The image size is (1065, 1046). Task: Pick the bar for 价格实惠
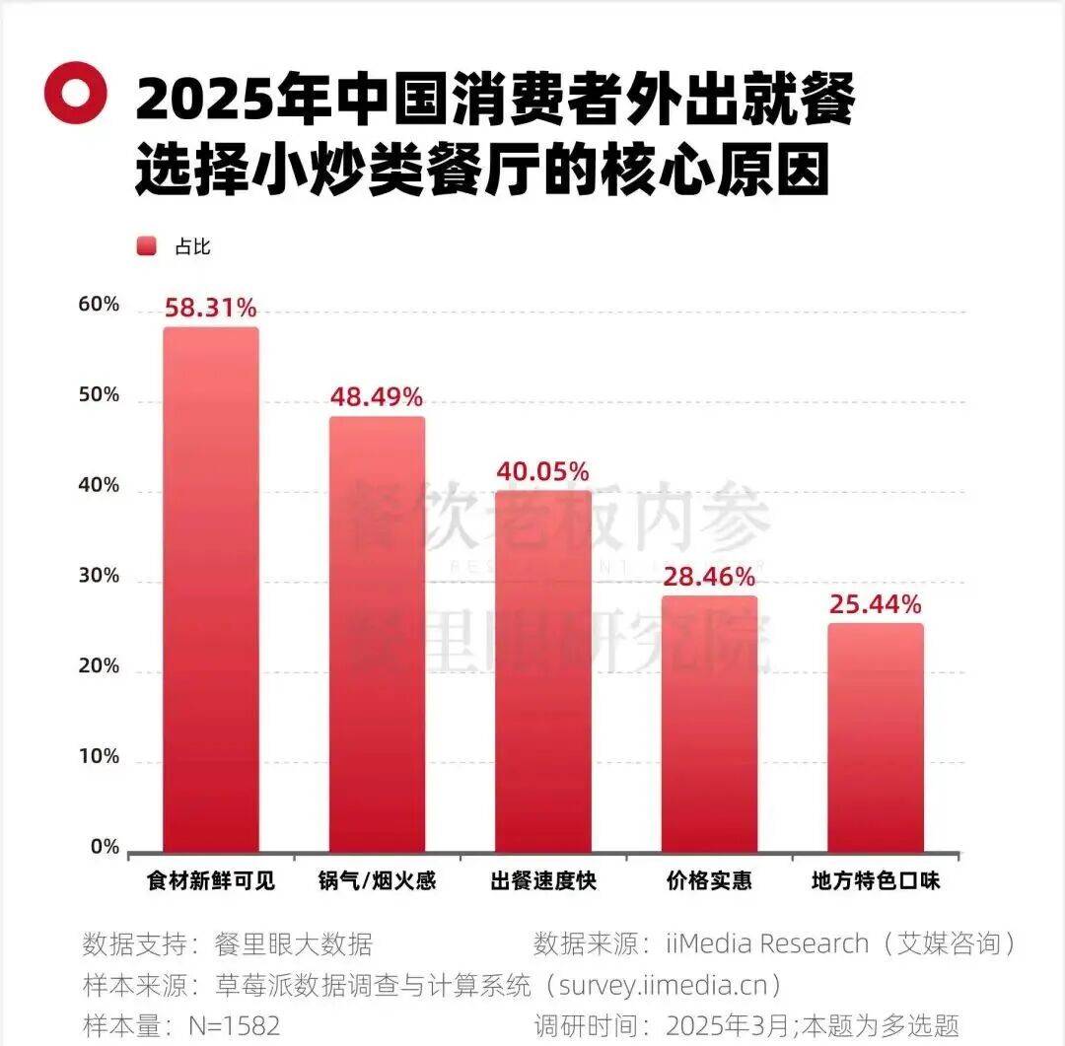point(709,724)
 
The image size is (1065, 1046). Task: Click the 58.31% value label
point(211,309)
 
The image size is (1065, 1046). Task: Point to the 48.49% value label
point(376,397)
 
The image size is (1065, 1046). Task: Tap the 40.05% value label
point(542,471)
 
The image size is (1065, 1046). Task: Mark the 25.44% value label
point(875,603)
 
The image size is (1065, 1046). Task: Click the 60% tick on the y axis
point(99,305)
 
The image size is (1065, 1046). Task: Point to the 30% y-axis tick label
point(99,576)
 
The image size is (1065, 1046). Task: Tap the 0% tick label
point(105,847)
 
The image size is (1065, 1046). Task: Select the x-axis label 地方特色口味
point(875,880)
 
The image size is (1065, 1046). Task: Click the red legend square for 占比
point(147,246)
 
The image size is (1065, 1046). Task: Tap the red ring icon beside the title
point(75,93)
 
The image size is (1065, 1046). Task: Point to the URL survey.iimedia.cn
point(671,985)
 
